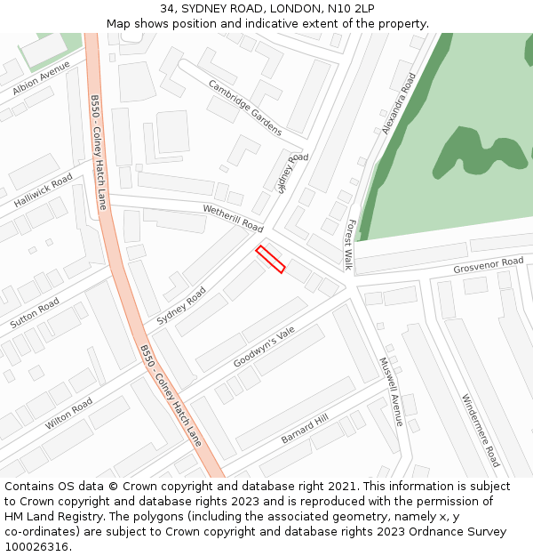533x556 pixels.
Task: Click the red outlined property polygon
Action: coord(270,259)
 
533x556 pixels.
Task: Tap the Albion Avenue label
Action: coord(42,79)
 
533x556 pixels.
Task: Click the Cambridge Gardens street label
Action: coord(244,108)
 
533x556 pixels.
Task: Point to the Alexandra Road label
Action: coord(398,103)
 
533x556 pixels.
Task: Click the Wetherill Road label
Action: coord(233,217)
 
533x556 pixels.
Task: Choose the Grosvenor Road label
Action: coord(488,265)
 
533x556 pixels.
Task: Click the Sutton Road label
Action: coord(35,313)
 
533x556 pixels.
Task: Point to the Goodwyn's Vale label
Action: coord(264,347)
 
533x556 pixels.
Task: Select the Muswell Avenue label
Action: coord(391,391)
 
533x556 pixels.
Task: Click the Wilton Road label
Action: coord(68,415)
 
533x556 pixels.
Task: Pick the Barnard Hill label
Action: coord(305,429)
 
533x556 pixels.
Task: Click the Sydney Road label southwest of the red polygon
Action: coord(181,305)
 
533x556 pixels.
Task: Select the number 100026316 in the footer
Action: coord(36,546)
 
